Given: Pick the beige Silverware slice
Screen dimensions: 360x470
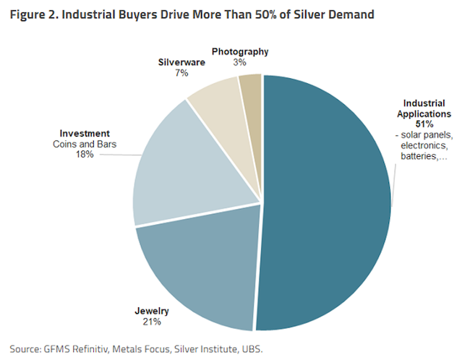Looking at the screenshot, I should point(217,108).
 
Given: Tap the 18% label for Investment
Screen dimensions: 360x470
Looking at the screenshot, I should point(84,154).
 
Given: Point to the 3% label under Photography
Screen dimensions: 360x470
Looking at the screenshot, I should point(239,62).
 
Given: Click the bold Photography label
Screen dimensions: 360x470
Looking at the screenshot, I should point(240,52).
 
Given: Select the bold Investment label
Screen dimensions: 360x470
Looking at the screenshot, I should point(85,133).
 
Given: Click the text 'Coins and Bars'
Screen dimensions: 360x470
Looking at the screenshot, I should point(84,144).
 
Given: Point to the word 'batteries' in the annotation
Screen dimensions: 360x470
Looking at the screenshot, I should point(419,157).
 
